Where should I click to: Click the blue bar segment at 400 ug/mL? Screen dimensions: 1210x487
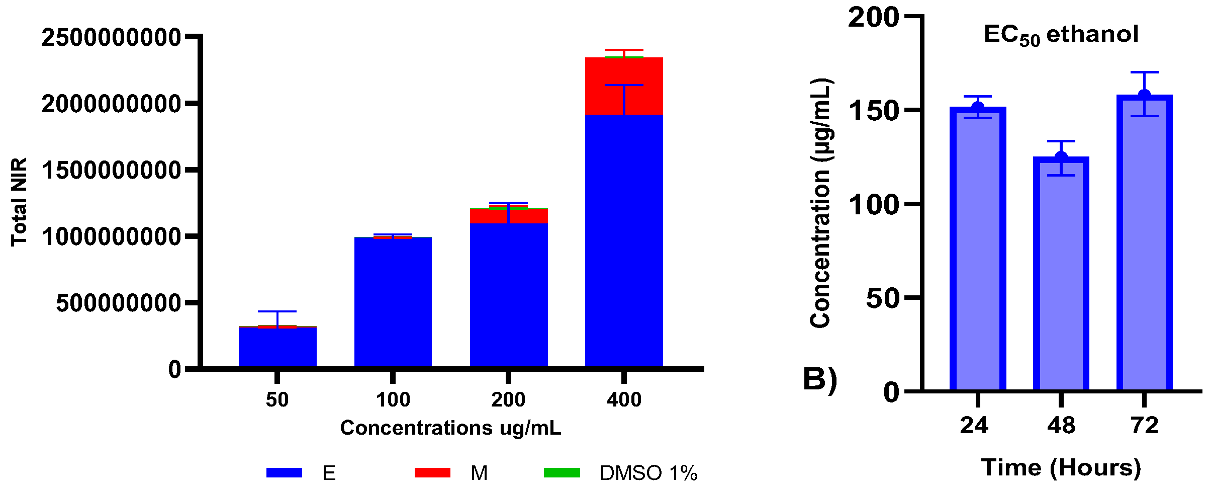(x=624, y=241)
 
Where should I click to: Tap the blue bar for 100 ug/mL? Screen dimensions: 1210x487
(x=393, y=302)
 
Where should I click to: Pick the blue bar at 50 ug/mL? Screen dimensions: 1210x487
(x=277, y=347)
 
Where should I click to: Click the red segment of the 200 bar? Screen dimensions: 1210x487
(x=509, y=216)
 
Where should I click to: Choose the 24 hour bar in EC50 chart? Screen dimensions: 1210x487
(x=978, y=249)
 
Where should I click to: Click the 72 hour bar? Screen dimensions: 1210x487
(x=1145, y=242)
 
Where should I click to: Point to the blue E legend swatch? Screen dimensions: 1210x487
(x=284, y=473)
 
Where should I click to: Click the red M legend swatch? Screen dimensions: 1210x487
(x=432, y=473)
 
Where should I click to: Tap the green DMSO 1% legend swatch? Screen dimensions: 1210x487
(x=562, y=473)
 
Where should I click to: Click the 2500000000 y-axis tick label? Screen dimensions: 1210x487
(x=111, y=38)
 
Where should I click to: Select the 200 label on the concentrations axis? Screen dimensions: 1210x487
(x=508, y=400)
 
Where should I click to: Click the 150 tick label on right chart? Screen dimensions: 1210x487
(x=873, y=111)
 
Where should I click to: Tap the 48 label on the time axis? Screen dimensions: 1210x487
(x=1061, y=426)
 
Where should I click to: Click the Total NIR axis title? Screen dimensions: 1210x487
(x=19, y=202)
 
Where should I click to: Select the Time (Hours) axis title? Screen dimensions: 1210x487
(x=1061, y=468)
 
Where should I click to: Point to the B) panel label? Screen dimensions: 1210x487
(x=820, y=379)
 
